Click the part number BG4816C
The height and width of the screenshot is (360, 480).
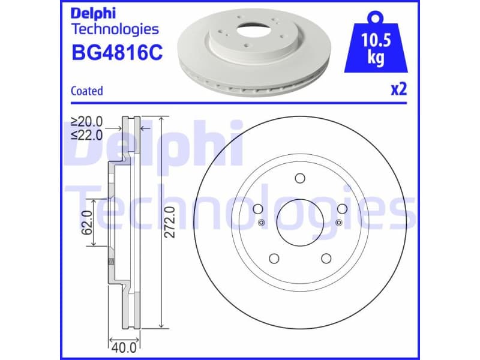[x=116, y=53]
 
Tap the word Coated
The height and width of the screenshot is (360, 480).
[x=87, y=91]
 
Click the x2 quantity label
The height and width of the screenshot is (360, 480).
[x=398, y=90]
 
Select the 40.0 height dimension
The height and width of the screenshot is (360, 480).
[x=122, y=346]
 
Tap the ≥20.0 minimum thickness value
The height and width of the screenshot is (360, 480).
[x=87, y=122]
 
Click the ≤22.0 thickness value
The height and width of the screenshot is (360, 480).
[x=87, y=135]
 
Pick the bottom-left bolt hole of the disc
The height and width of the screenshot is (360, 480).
[x=274, y=258]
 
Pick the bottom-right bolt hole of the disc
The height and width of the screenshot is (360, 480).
[x=326, y=258]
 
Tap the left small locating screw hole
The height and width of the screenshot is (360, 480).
[x=261, y=223]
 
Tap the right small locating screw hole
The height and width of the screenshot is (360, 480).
[x=339, y=223]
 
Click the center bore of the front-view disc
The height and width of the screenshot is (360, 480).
[x=300, y=222]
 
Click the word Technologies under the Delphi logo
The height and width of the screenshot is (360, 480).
[x=115, y=29]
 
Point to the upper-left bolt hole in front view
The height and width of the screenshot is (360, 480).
[x=259, y=208]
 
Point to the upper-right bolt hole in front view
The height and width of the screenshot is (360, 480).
[x=342, y=208]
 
